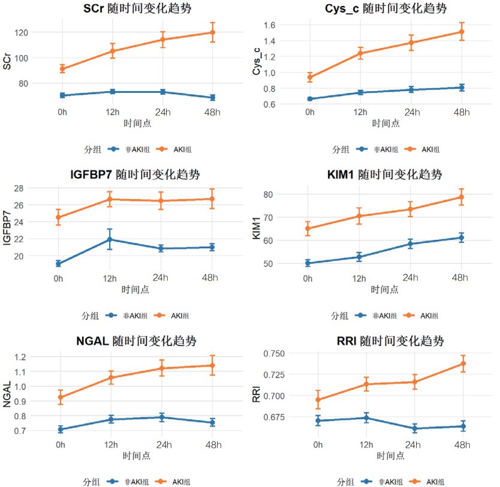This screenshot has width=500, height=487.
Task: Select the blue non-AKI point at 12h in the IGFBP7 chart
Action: (109, 239)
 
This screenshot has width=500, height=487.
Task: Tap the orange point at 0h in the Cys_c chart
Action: (309, 77)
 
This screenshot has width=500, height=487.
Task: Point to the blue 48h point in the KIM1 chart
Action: (461, 238)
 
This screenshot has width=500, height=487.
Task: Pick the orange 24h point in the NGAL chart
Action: (162, 368)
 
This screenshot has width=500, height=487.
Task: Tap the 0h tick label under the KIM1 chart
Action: (308, 278)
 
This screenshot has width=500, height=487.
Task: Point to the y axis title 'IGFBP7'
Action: (8, 222)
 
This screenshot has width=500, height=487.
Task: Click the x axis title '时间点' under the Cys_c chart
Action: (385, 124)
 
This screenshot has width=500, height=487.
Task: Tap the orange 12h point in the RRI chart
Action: (363, 384)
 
